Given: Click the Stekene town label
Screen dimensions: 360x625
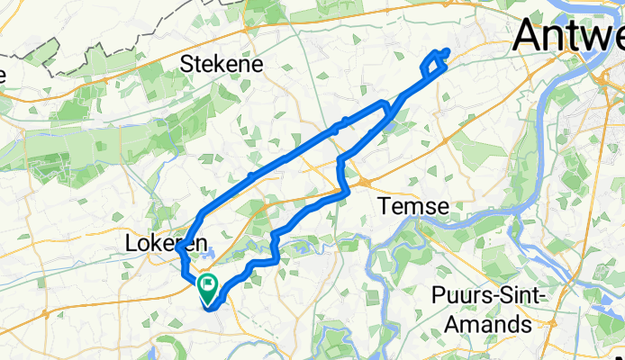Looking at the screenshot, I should tap(222, 64).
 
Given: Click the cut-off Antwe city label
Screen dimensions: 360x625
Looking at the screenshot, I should tap(569, 38).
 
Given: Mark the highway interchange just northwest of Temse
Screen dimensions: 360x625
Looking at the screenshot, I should tap(366, 181).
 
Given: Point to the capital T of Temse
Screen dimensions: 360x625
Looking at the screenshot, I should tap(383, 206).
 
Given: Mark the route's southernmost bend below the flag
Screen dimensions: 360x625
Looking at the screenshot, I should tap(212, 308).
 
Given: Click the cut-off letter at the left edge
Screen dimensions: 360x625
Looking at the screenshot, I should tap(3, 73).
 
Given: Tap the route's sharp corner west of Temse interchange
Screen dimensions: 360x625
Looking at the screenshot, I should tap(346, 191).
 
